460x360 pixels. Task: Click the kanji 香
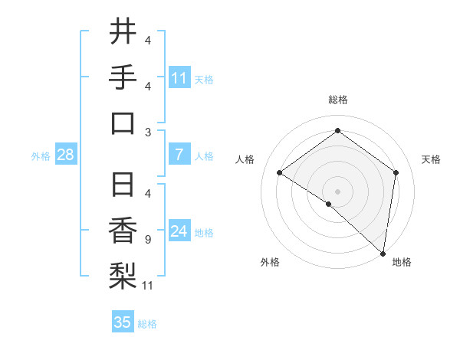pos(123,231)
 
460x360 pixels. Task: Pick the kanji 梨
pos(123,277)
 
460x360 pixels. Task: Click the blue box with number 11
pos(179,77)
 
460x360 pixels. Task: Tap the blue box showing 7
pos(179,155)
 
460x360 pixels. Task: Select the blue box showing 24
pos(179,232)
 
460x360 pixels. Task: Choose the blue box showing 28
pos(66,155)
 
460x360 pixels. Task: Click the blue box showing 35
pos(123,322)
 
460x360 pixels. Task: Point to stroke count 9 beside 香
pos(147,240)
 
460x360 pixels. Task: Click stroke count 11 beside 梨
pos(149,286)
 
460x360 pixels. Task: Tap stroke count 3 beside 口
pos(147,132)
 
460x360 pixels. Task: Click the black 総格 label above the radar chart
pos(337,100)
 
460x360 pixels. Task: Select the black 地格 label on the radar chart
pos(402,262)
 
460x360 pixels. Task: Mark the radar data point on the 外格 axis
pos(329,204)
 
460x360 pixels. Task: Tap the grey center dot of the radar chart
pos(337,191)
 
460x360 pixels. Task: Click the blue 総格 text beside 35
pos(147,324)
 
